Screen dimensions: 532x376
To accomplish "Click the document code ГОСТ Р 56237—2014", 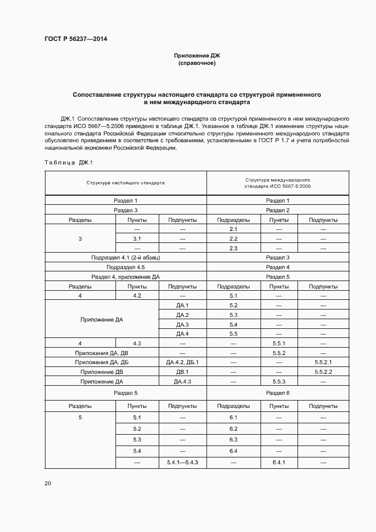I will point(76,39).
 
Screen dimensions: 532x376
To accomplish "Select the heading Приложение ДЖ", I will point(197,55).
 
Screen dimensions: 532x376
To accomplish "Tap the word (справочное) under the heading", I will point(197,63).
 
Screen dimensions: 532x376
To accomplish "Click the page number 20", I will point(48,483).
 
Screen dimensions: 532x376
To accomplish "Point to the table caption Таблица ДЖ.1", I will point(68,163).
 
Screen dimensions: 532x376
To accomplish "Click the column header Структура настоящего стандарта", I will point(126,183).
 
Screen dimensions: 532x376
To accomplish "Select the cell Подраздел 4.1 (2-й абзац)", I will point(126,258).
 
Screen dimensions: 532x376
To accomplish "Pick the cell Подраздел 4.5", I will point(126,267).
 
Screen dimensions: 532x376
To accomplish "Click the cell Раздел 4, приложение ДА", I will point(126,277).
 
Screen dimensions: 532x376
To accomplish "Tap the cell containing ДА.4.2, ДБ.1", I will point(182,362).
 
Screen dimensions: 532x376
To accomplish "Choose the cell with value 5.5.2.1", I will point(323,362).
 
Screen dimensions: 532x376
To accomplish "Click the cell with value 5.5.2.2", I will point(323,372).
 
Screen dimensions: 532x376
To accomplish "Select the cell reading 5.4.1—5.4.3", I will point(182,462).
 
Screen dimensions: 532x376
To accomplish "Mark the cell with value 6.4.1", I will point(278,462).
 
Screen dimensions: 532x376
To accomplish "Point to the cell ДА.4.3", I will point(182,381).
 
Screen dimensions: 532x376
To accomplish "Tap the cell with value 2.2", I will point(233,238).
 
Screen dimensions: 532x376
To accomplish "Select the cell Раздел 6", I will point(278,393).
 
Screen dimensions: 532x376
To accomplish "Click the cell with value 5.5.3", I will point(278,381).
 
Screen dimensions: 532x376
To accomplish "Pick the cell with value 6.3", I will point(233,439).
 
